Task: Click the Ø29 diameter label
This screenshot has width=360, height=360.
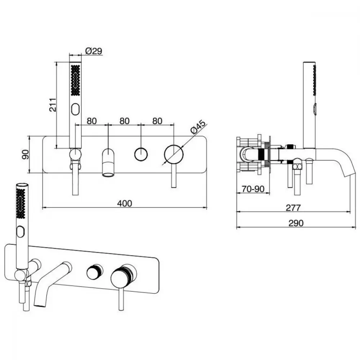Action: pyautogui.click(x=94, y=51)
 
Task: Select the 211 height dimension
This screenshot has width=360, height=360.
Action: pyautogui.click(x=53, y=105)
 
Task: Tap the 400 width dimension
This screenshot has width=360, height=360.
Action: pyautogui.click(x=125, y=203)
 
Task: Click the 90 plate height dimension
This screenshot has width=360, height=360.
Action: pyautogui.click(x=25, y=154)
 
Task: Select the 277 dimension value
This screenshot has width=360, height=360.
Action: pyautogui.click(x=293, y=208)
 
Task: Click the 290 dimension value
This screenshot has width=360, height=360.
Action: pyautogui.click(x=296, y=223)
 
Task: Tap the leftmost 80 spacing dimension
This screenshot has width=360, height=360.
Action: pyautogui.click(x=92, y=121)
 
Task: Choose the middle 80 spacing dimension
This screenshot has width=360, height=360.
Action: pyautogui.click(x=125, y=121)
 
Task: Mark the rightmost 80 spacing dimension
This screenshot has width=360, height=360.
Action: pyautogui.click(x=157, y=121)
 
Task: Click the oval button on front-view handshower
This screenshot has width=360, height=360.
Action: pyautogui.click(x=75, y=109)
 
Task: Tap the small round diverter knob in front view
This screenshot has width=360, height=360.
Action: pyautogui.click(x=141, y=154)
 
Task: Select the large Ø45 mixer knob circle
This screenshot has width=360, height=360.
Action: pyautogui.click(x=174, y=154)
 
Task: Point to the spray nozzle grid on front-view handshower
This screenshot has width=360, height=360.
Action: pyautogui.click(x=75, y=80)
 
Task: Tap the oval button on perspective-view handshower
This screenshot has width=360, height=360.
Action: pyautogui.click(x=20, y=231)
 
